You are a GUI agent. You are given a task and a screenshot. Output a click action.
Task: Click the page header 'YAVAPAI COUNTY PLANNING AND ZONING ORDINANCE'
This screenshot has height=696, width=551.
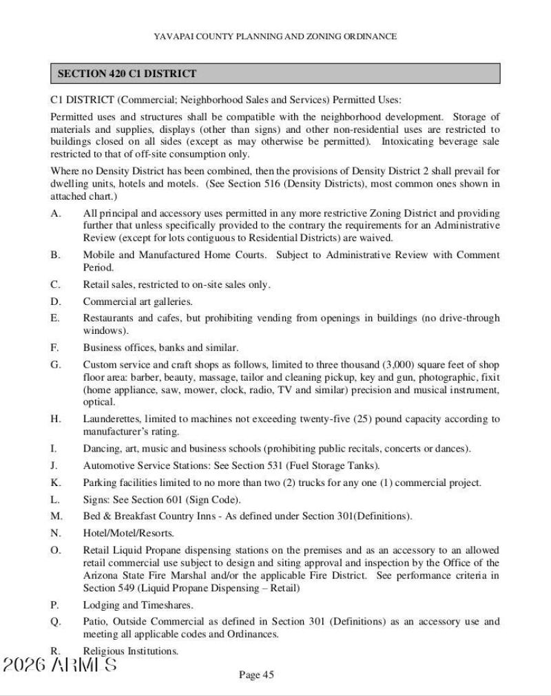[x=275, y=36]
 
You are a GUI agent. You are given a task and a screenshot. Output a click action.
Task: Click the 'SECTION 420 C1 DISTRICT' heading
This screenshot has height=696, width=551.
[x=127, y=74]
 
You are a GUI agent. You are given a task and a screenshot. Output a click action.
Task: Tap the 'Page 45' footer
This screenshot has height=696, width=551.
[x=256, y=674]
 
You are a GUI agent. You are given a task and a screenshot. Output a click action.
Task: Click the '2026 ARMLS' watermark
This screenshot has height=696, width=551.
[x=59, y=666]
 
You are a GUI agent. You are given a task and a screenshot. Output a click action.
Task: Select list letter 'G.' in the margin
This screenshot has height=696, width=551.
[x=55, y=364]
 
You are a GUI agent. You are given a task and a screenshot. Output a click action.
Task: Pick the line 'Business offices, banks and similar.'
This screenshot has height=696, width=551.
[x=161, y=348]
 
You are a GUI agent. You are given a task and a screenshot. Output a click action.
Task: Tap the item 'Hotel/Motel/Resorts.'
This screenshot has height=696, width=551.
[x=129, y=534]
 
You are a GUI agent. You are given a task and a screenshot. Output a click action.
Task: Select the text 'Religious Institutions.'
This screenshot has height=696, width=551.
[x=131, y=651]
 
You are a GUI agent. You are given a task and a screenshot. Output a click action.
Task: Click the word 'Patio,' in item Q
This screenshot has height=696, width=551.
[x=96, y=622]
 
